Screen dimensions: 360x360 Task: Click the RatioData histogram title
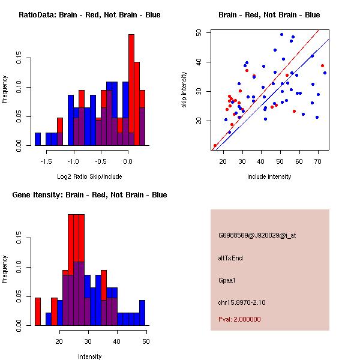(x=89, y=15)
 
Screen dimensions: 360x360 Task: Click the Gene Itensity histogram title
(x=89, y=195)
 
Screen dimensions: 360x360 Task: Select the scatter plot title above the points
(x=269, y=15)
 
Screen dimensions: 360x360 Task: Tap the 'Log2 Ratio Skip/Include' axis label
(x=89, y=176)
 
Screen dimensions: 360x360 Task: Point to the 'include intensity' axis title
(x=269, y=176)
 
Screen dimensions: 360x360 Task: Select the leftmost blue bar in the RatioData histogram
(x=38, y=139)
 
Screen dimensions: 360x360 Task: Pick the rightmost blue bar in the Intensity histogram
(x=142, y=313)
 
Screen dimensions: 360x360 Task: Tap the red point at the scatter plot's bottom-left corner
(x=215, y=146)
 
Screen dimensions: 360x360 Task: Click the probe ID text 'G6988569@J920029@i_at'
(x=257, y=235)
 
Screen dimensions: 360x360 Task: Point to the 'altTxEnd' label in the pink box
(x=230, y=258)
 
